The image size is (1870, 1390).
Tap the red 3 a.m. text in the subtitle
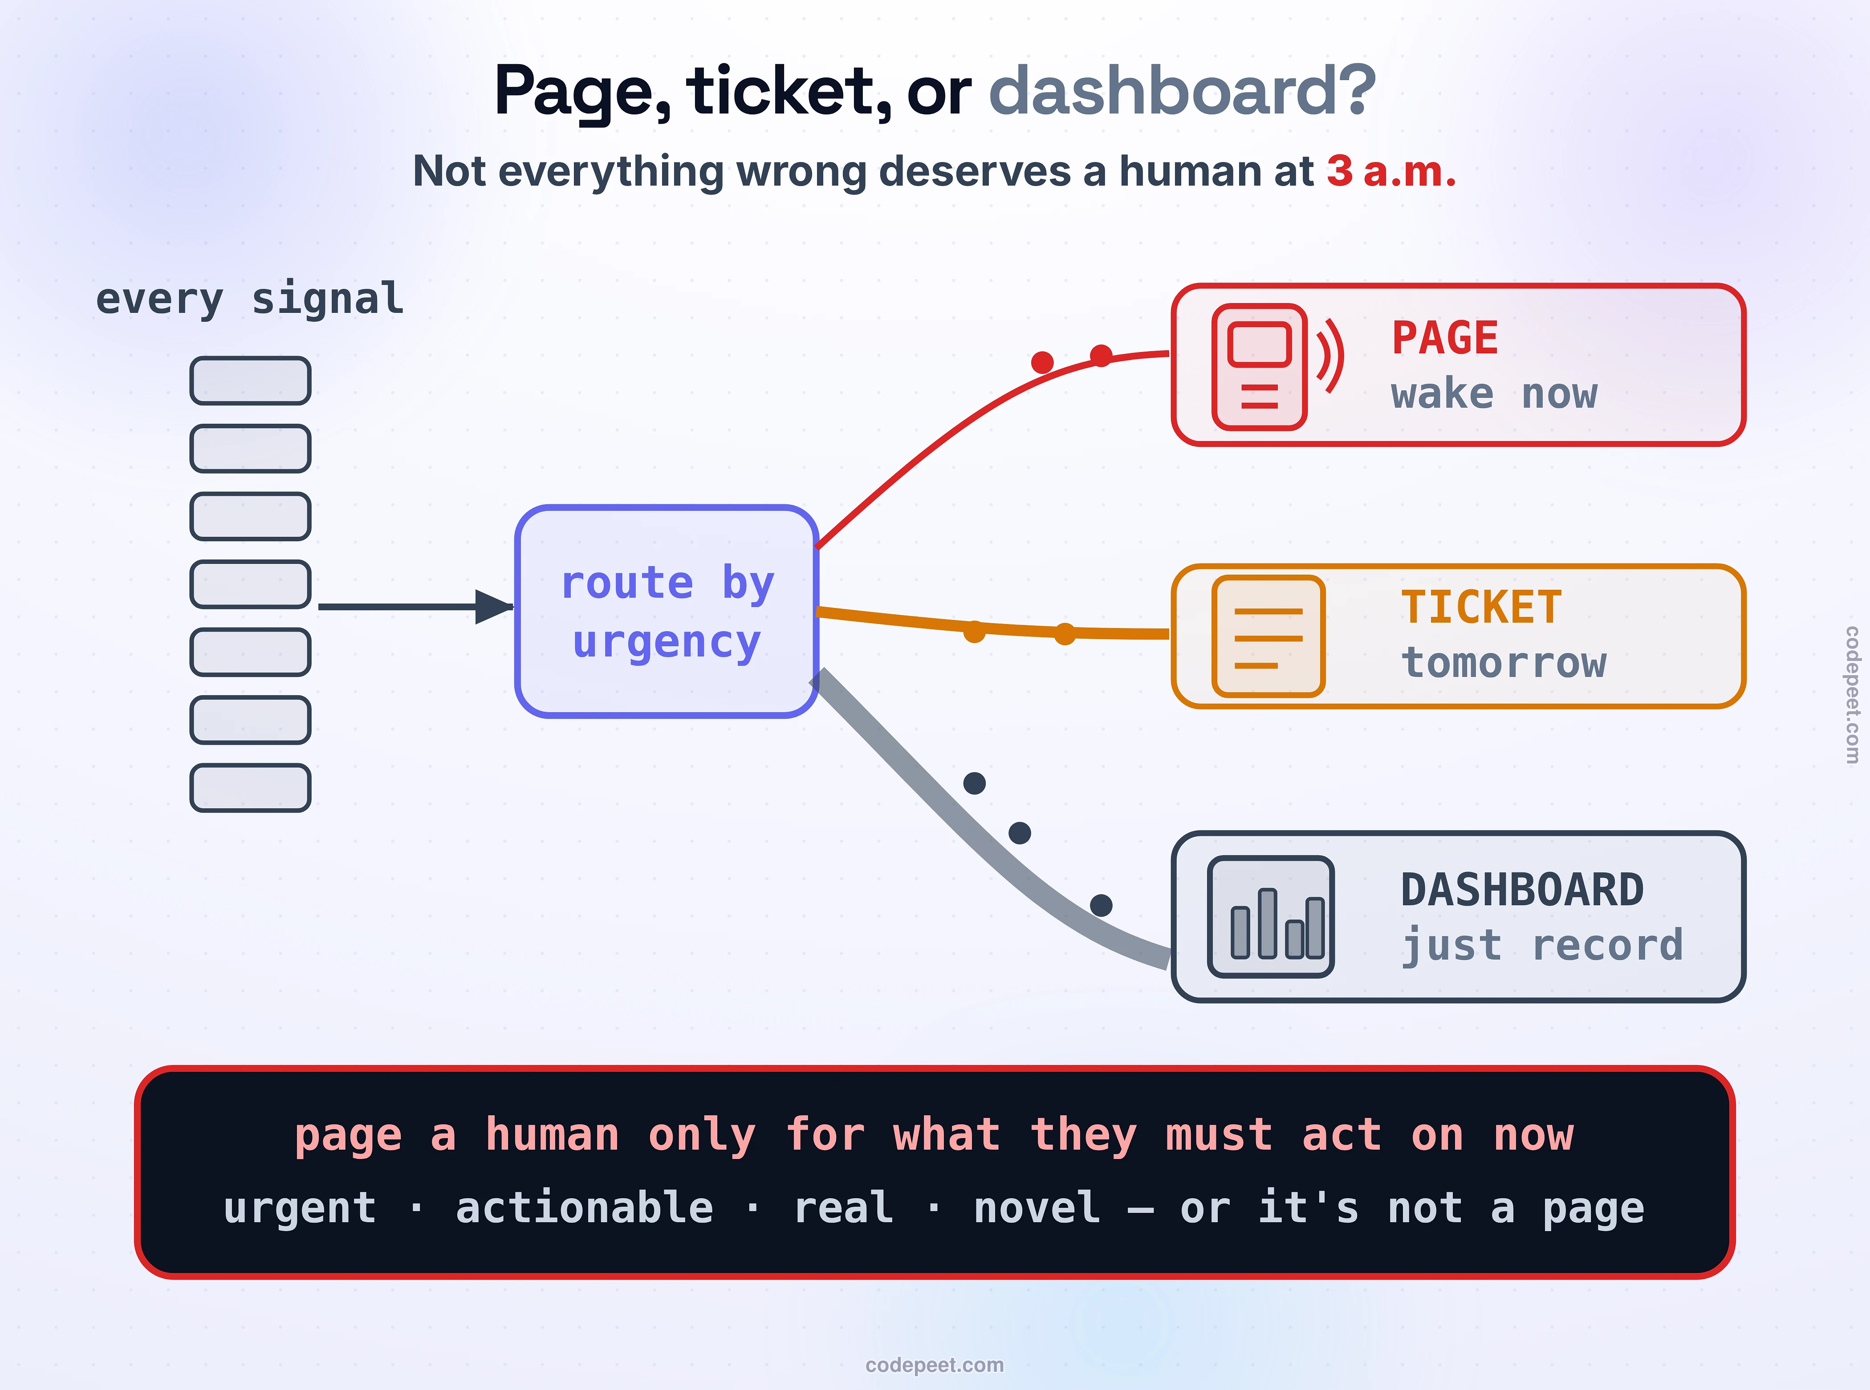pyautogui.click(x=1391, y=172)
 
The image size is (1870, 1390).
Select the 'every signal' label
pyautogui.click(x=250, y=299)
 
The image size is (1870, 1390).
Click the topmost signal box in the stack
pyautogui.click(x=250, y=380)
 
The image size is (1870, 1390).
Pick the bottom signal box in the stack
pyautogui.click(x=250, y=787)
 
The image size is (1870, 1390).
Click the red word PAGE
pyautogui.click(x=1445, y=338)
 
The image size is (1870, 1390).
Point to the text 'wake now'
pyautogui.click(x=1494, y=394)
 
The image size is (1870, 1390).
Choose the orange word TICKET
pyautogui.click(x=1481, y=608)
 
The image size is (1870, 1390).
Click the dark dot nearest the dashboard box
pyautogui.click(x=1101, y=905)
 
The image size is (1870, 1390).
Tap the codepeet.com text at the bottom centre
pyautogui.click(x=934, y=1365)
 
